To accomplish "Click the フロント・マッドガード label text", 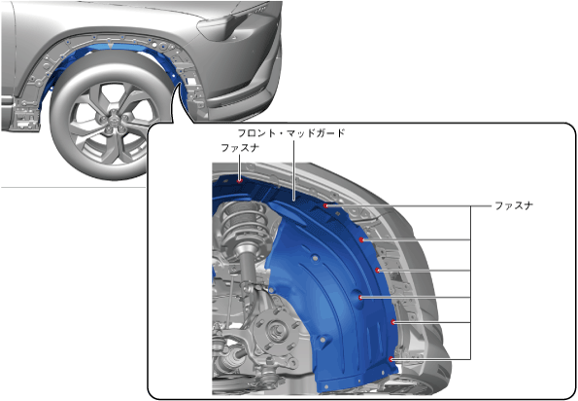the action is [x=291, y=133].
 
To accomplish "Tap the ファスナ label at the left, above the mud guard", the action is [x=240, y=148].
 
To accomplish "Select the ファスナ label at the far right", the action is [x=514, y=205].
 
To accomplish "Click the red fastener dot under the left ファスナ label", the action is [x=240, y=181].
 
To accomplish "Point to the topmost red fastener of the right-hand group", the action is [x=325, y=205].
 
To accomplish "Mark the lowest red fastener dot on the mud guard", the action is [x=391, y=359].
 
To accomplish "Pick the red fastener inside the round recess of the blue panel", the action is [x=360, y=297].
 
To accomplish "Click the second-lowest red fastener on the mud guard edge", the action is [x=393, y=322].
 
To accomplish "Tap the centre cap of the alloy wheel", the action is [x=112, y=120].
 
